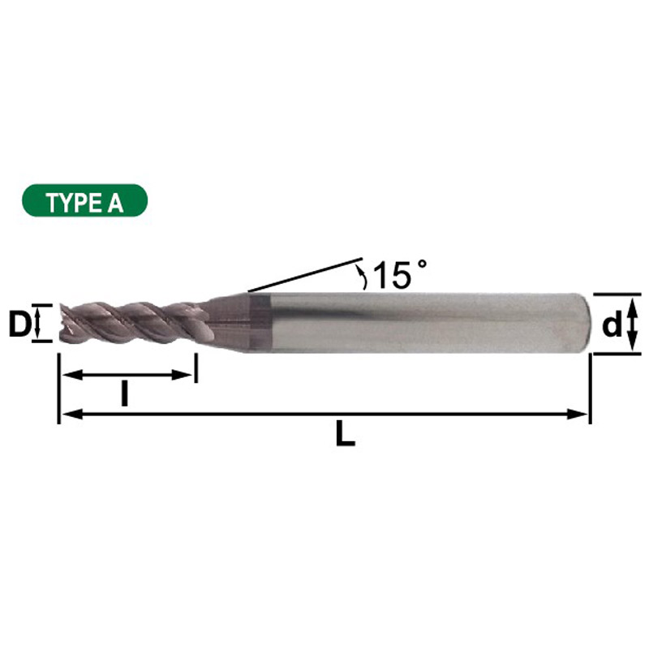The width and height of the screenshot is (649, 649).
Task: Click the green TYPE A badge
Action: click(x=85, y=200)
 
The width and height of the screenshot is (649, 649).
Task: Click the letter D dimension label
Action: click(x=19, y=324)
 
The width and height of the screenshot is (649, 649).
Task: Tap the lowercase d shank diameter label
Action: click(x=612, y=325)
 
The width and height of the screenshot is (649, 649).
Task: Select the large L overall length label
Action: click(x=346, y=436)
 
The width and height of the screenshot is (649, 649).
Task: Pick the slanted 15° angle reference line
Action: click(x=304, y=275)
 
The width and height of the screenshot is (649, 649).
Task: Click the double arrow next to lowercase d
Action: click(x=634, y=323)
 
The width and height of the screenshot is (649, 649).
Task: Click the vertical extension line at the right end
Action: click(x=590, y=389)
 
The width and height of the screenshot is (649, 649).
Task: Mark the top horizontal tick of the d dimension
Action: click(x=617, y=294)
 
